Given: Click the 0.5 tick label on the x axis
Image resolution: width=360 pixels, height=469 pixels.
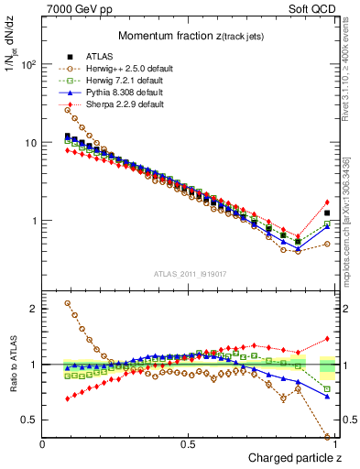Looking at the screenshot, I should tap(189, 443).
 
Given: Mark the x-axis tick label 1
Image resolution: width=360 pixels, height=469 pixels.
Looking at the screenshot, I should tap(334, 443).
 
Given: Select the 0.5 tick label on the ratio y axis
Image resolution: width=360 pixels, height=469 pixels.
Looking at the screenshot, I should tap(28, 420).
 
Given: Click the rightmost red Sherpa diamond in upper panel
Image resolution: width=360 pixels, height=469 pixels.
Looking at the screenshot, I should tap(327, 202).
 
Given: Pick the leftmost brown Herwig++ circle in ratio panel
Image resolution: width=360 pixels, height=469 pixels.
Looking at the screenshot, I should tap(68, 303).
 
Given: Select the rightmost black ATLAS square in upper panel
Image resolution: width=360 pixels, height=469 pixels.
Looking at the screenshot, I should tap(327, 213).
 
